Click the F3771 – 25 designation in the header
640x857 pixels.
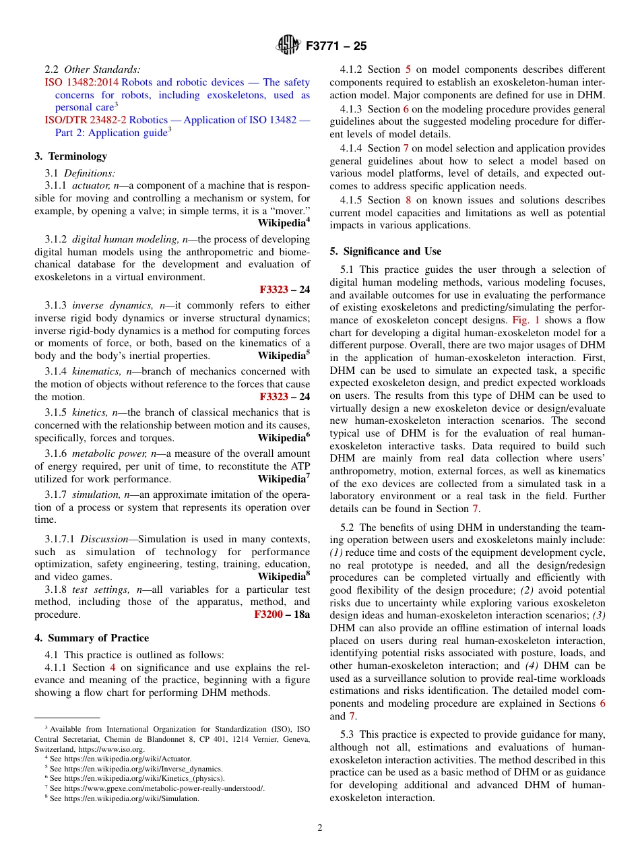335,46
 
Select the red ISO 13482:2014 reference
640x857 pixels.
76,82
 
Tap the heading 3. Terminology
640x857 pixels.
71,156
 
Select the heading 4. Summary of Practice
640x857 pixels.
92,638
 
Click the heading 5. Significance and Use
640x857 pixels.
385,251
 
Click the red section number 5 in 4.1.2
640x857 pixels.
408,69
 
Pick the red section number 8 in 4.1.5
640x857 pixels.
408,200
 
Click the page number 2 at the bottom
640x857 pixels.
320,828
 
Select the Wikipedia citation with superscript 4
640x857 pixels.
284,222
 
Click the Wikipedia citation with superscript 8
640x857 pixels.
284,577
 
